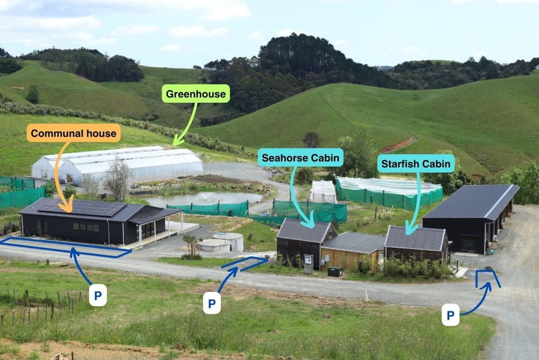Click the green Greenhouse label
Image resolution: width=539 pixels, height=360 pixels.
[195, 94]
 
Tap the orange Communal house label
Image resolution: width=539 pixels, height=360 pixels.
[74, 133]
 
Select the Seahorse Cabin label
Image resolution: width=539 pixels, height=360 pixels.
[300, 157]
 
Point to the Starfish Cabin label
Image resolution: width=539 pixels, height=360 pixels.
[416, 163]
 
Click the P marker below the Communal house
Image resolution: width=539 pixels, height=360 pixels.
[98, 295]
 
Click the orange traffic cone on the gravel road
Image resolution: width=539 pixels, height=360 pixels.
[367, 295]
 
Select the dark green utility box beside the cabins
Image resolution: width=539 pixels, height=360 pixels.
[335, 271]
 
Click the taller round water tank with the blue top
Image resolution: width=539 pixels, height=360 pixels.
[229, 241]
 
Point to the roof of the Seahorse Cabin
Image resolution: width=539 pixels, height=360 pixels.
[303, 231]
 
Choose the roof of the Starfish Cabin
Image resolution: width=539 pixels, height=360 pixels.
[415, 238]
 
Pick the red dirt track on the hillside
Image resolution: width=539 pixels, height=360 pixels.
[398, 145]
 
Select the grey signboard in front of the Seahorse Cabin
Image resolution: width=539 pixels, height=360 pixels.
[308, 264]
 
